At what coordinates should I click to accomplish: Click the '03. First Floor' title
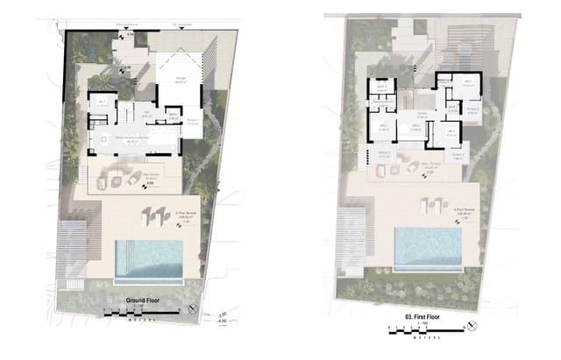click(421, 313)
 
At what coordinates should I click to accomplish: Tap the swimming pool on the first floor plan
click(428, 247)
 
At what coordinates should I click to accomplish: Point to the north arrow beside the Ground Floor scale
click(194, 308)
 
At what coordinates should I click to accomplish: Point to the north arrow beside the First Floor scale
click(472, 326)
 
